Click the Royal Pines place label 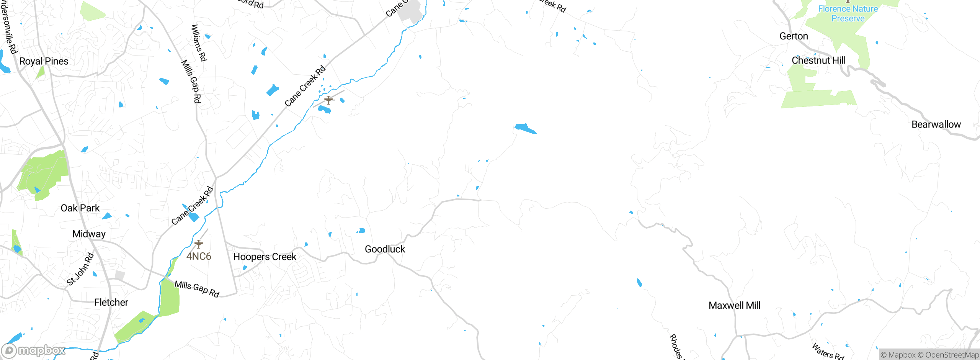pos(44,61)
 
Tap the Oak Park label pos(80,208)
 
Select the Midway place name pos(89,234)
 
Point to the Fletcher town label pos(111,302)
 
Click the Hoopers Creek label pos(265,257)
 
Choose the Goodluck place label pos(385,249)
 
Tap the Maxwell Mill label pos(734,305)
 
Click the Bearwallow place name pos(936,124)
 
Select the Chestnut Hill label pos(818,61)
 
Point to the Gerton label pos(794,36)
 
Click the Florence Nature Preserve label pos(848,13)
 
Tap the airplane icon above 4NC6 pos(199,244)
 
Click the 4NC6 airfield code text pos(199,256)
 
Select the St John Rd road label pos(80,269)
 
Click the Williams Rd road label pos(199,43)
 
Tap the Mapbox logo pos(34,350)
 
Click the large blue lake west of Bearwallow pos(525,128)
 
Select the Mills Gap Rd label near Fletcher pos(197,289)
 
